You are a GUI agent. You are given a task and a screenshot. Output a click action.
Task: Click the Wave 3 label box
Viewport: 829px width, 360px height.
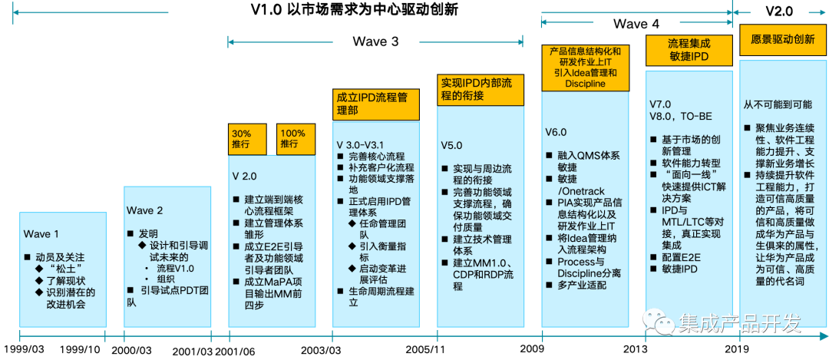pyautogui.click(x=375, y=41)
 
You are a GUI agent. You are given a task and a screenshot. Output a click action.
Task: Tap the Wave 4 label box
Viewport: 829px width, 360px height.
pyautogui.click(x=636, y=24)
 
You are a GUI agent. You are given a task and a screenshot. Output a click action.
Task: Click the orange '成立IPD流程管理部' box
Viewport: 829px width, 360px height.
pyautogui.click(x=377, y=104)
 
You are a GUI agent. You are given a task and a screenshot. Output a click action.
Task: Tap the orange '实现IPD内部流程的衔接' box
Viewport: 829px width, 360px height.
pyautogui.click(x=480, y=90)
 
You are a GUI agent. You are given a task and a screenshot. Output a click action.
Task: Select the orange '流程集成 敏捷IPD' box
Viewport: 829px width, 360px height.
pyautogui.click(x=689, y=51)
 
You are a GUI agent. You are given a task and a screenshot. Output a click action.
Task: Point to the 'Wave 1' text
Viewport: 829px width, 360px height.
pyautogui.click(x=41, y=234)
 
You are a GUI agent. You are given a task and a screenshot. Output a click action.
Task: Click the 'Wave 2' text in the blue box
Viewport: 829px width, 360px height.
pyautogui.click(x=145, y=210)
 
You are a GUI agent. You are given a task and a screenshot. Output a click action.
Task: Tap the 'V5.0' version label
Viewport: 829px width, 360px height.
pyautogui.click(x=453, y=144)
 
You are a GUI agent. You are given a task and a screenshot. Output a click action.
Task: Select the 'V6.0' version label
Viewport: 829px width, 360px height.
pyautogui.click(x=557, y=132)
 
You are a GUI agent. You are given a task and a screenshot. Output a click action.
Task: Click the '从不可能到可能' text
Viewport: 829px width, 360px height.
pyautogui.click(x=778, y=104)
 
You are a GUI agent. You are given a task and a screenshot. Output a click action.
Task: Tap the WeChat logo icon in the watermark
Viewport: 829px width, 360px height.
pyautogui.click(x=658, y=322)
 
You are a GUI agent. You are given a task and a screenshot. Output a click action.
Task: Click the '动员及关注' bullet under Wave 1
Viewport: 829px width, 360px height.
pyautogui.click(x=61, y=256)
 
